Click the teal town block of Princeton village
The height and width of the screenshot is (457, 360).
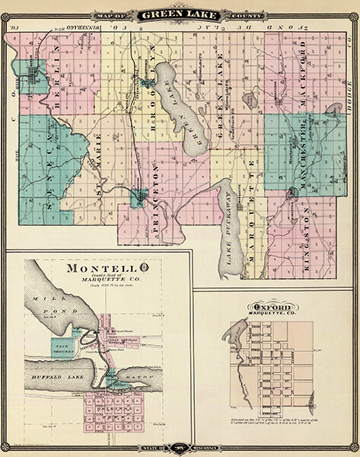[139, 199]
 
